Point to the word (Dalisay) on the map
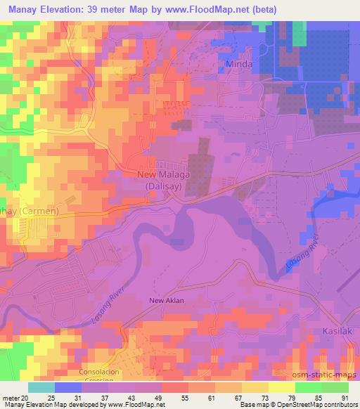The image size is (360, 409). pyautogui.click(x=159, y=186)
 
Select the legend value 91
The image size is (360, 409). pyautogui.click(x=344, y=398)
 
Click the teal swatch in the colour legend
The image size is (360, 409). pyautogui.click(x=41, y=387)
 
